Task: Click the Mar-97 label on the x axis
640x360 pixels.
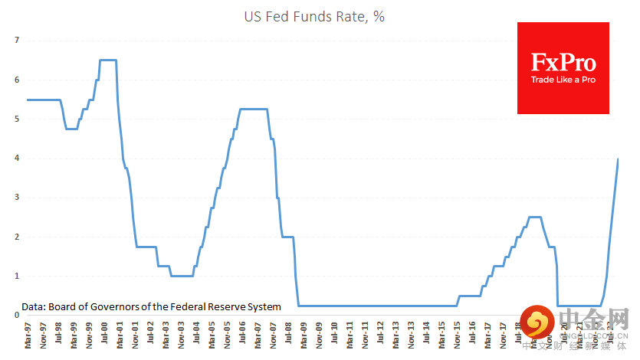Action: tap(28, 335)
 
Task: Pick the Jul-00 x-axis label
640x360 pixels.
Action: tap(104, 335)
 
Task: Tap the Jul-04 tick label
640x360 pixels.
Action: tap(196, 335)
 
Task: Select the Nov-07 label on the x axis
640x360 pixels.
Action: tap(273, 335)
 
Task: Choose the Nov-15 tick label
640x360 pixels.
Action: tap(457, 335)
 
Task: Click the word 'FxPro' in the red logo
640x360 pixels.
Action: tap(563, 62)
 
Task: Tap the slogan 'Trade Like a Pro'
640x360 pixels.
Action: tap(563, 80)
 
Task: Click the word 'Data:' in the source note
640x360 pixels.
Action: tap(34, 306)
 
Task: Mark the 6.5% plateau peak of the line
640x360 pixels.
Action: tap(108, 60)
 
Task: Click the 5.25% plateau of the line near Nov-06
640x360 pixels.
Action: tap(254, 109)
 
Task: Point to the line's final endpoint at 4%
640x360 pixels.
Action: tap(619, 159)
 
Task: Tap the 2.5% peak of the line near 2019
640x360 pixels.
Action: tap(535, 217)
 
